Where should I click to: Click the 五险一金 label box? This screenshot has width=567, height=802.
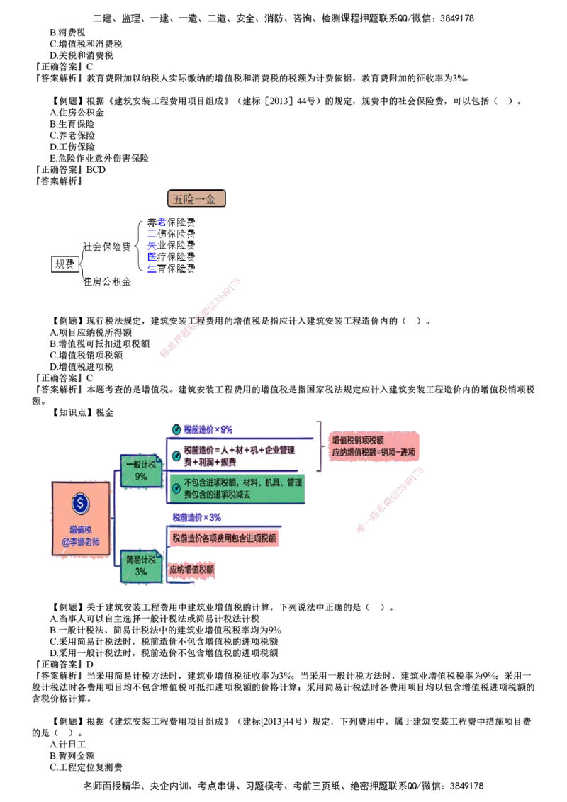[196, 198]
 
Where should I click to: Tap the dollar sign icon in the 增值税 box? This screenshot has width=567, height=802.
[81, 503]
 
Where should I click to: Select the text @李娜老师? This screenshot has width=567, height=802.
[81, 542]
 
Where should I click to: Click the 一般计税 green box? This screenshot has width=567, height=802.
[141, 470]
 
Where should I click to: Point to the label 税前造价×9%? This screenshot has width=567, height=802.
[208, 429]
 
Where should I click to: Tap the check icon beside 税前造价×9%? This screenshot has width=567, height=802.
[176, 429]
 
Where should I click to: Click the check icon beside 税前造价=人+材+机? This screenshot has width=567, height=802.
[176, 456]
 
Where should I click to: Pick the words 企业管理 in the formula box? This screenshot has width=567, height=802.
[280, 450]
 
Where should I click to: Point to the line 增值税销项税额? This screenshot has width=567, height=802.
[358, 440]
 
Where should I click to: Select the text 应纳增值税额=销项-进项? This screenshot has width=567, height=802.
[374, 452]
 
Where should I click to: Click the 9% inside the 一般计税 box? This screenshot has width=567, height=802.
[141, 477]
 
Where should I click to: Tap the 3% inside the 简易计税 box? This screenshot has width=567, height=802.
[141, 572]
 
